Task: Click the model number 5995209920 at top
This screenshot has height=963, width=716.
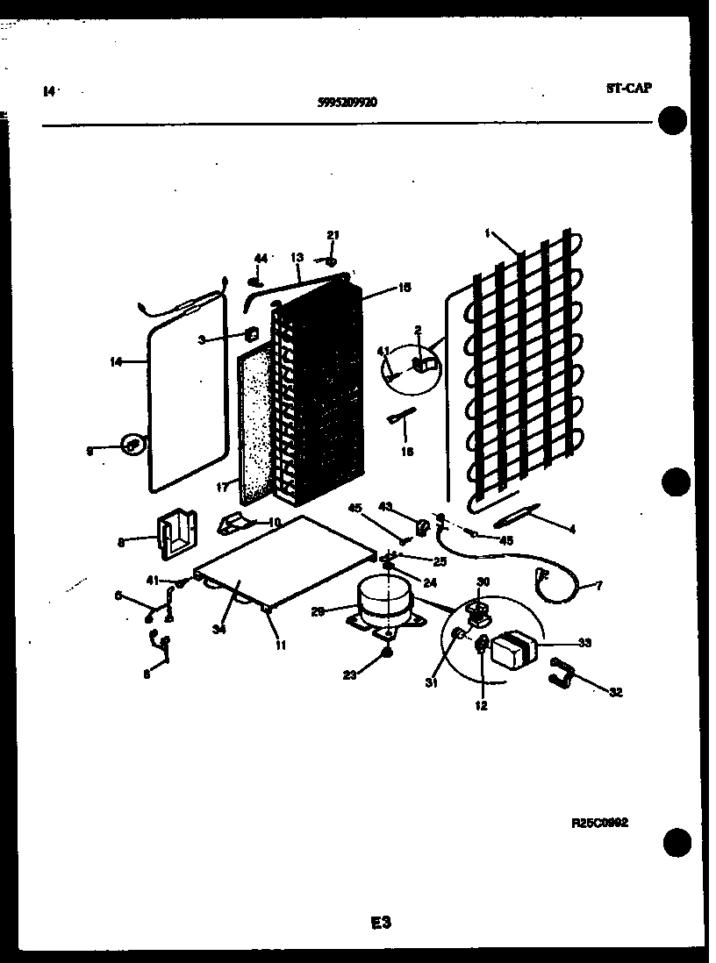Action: (x=347, y=101)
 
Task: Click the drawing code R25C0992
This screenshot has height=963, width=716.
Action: (x=600, y=823)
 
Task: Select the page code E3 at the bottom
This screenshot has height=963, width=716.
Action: (x=380, y=922)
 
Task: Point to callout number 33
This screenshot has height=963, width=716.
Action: (x=584, y=643)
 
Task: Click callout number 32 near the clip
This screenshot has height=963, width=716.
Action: (x=615, y=692)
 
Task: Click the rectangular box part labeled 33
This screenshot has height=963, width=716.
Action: (x=513, y=652)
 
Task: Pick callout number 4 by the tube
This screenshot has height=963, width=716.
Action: (x=571, y=529)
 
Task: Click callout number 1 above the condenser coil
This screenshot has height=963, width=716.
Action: (x=486, y=233)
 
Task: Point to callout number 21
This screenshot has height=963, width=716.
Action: (x=333, y=234)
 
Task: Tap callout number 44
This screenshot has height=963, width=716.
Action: (x=260, y=258)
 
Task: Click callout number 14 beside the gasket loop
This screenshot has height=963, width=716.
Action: (x=117, y=360)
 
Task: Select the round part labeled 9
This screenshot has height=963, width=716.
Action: (x=132, y=446)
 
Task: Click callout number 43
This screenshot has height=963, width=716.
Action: (x=384, y=507)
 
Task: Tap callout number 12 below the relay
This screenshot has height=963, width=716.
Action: (x=481, y=704)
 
